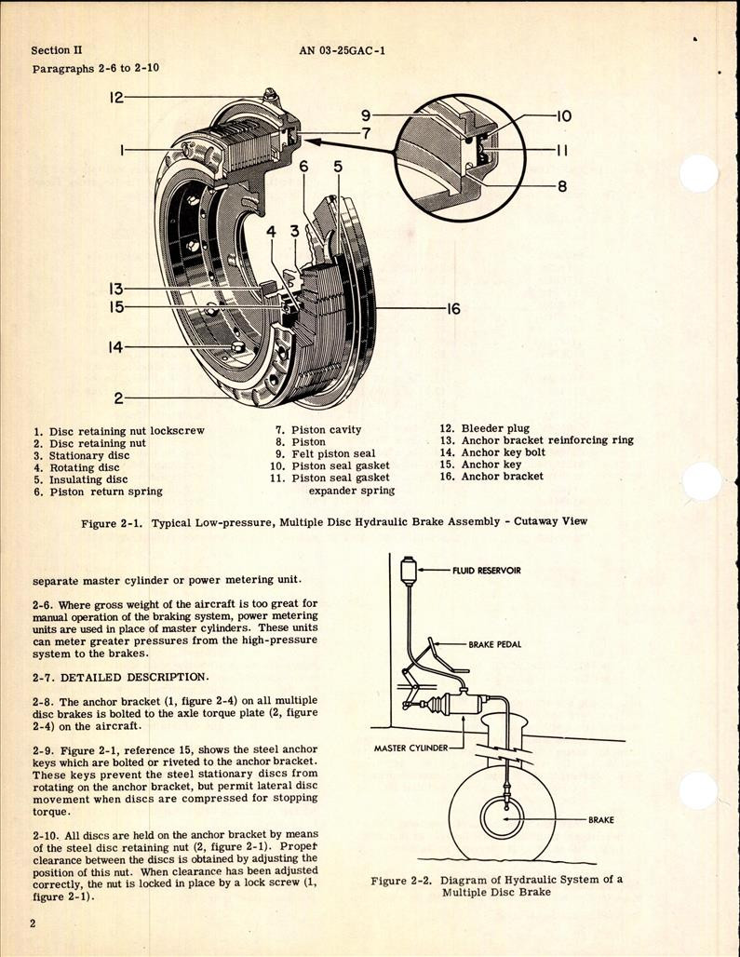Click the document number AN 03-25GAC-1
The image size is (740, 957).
(x=342, y=51)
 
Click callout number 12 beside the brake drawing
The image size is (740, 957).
(x=115, y=97)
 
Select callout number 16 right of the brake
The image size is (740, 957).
(x=452, y=309)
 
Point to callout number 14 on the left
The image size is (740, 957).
(x=115, y=347)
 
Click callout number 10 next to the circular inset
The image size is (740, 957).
(x=563, y=116)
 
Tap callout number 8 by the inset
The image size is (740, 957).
(x=561, y=185)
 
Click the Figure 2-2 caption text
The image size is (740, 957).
(x=496, y=885)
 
